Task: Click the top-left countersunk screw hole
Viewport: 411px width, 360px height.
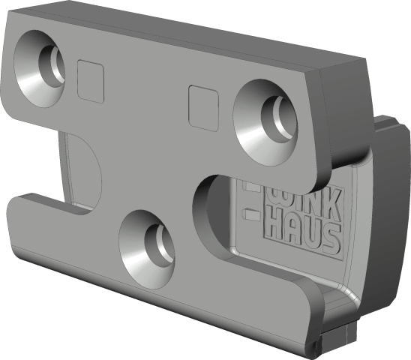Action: click(39, 69)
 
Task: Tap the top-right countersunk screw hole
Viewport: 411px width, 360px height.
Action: click(265, 123)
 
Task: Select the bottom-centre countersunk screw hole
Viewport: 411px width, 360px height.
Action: click(147, 249)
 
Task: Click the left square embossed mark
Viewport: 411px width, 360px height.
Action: click(91, 81)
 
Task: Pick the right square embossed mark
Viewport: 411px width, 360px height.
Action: click(204, 108)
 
